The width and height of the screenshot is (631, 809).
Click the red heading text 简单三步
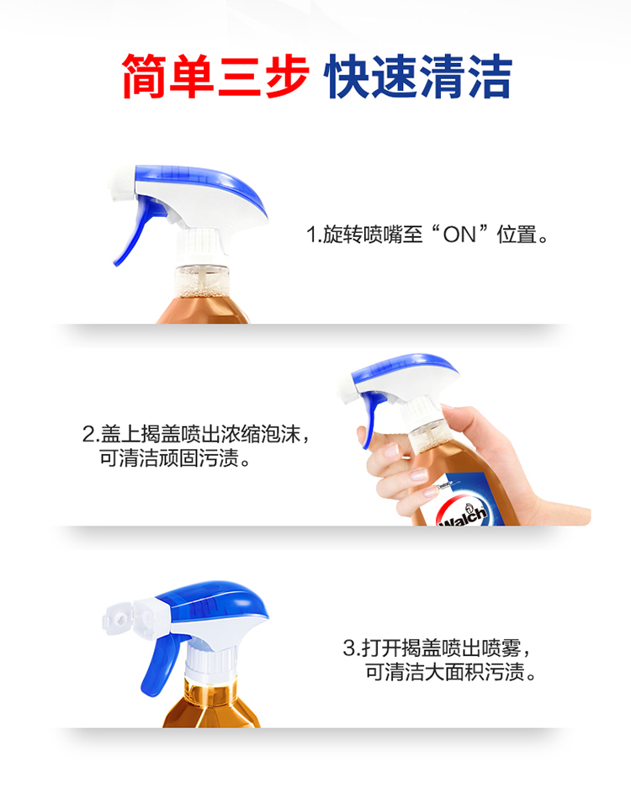pyautogui.click(x=215, y=77)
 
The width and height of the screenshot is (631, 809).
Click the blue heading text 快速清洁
pyautogui.click(x=418, y=77)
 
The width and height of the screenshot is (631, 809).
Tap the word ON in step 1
pyautogui.click(x=459, y=235)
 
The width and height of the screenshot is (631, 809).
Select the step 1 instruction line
pyautogui.click(x=427, y=235)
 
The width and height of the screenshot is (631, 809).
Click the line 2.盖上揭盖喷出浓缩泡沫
pyautogui.click(x=196, y=434)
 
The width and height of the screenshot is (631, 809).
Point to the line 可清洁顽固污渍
pyautogui.click(x=175, y=457)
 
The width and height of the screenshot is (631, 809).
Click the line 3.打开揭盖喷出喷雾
pyautogui.click(x=437, y=648)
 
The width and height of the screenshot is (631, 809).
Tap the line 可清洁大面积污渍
pyautogui.click(x=451, y=672)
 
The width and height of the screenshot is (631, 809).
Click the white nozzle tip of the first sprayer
pyautogui.click(x=122, y=184)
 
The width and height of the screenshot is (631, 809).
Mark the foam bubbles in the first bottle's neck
pyautogui.click(x=201, y=288)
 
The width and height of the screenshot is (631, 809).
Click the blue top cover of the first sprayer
pyautogui.click(x=201, y=183)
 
